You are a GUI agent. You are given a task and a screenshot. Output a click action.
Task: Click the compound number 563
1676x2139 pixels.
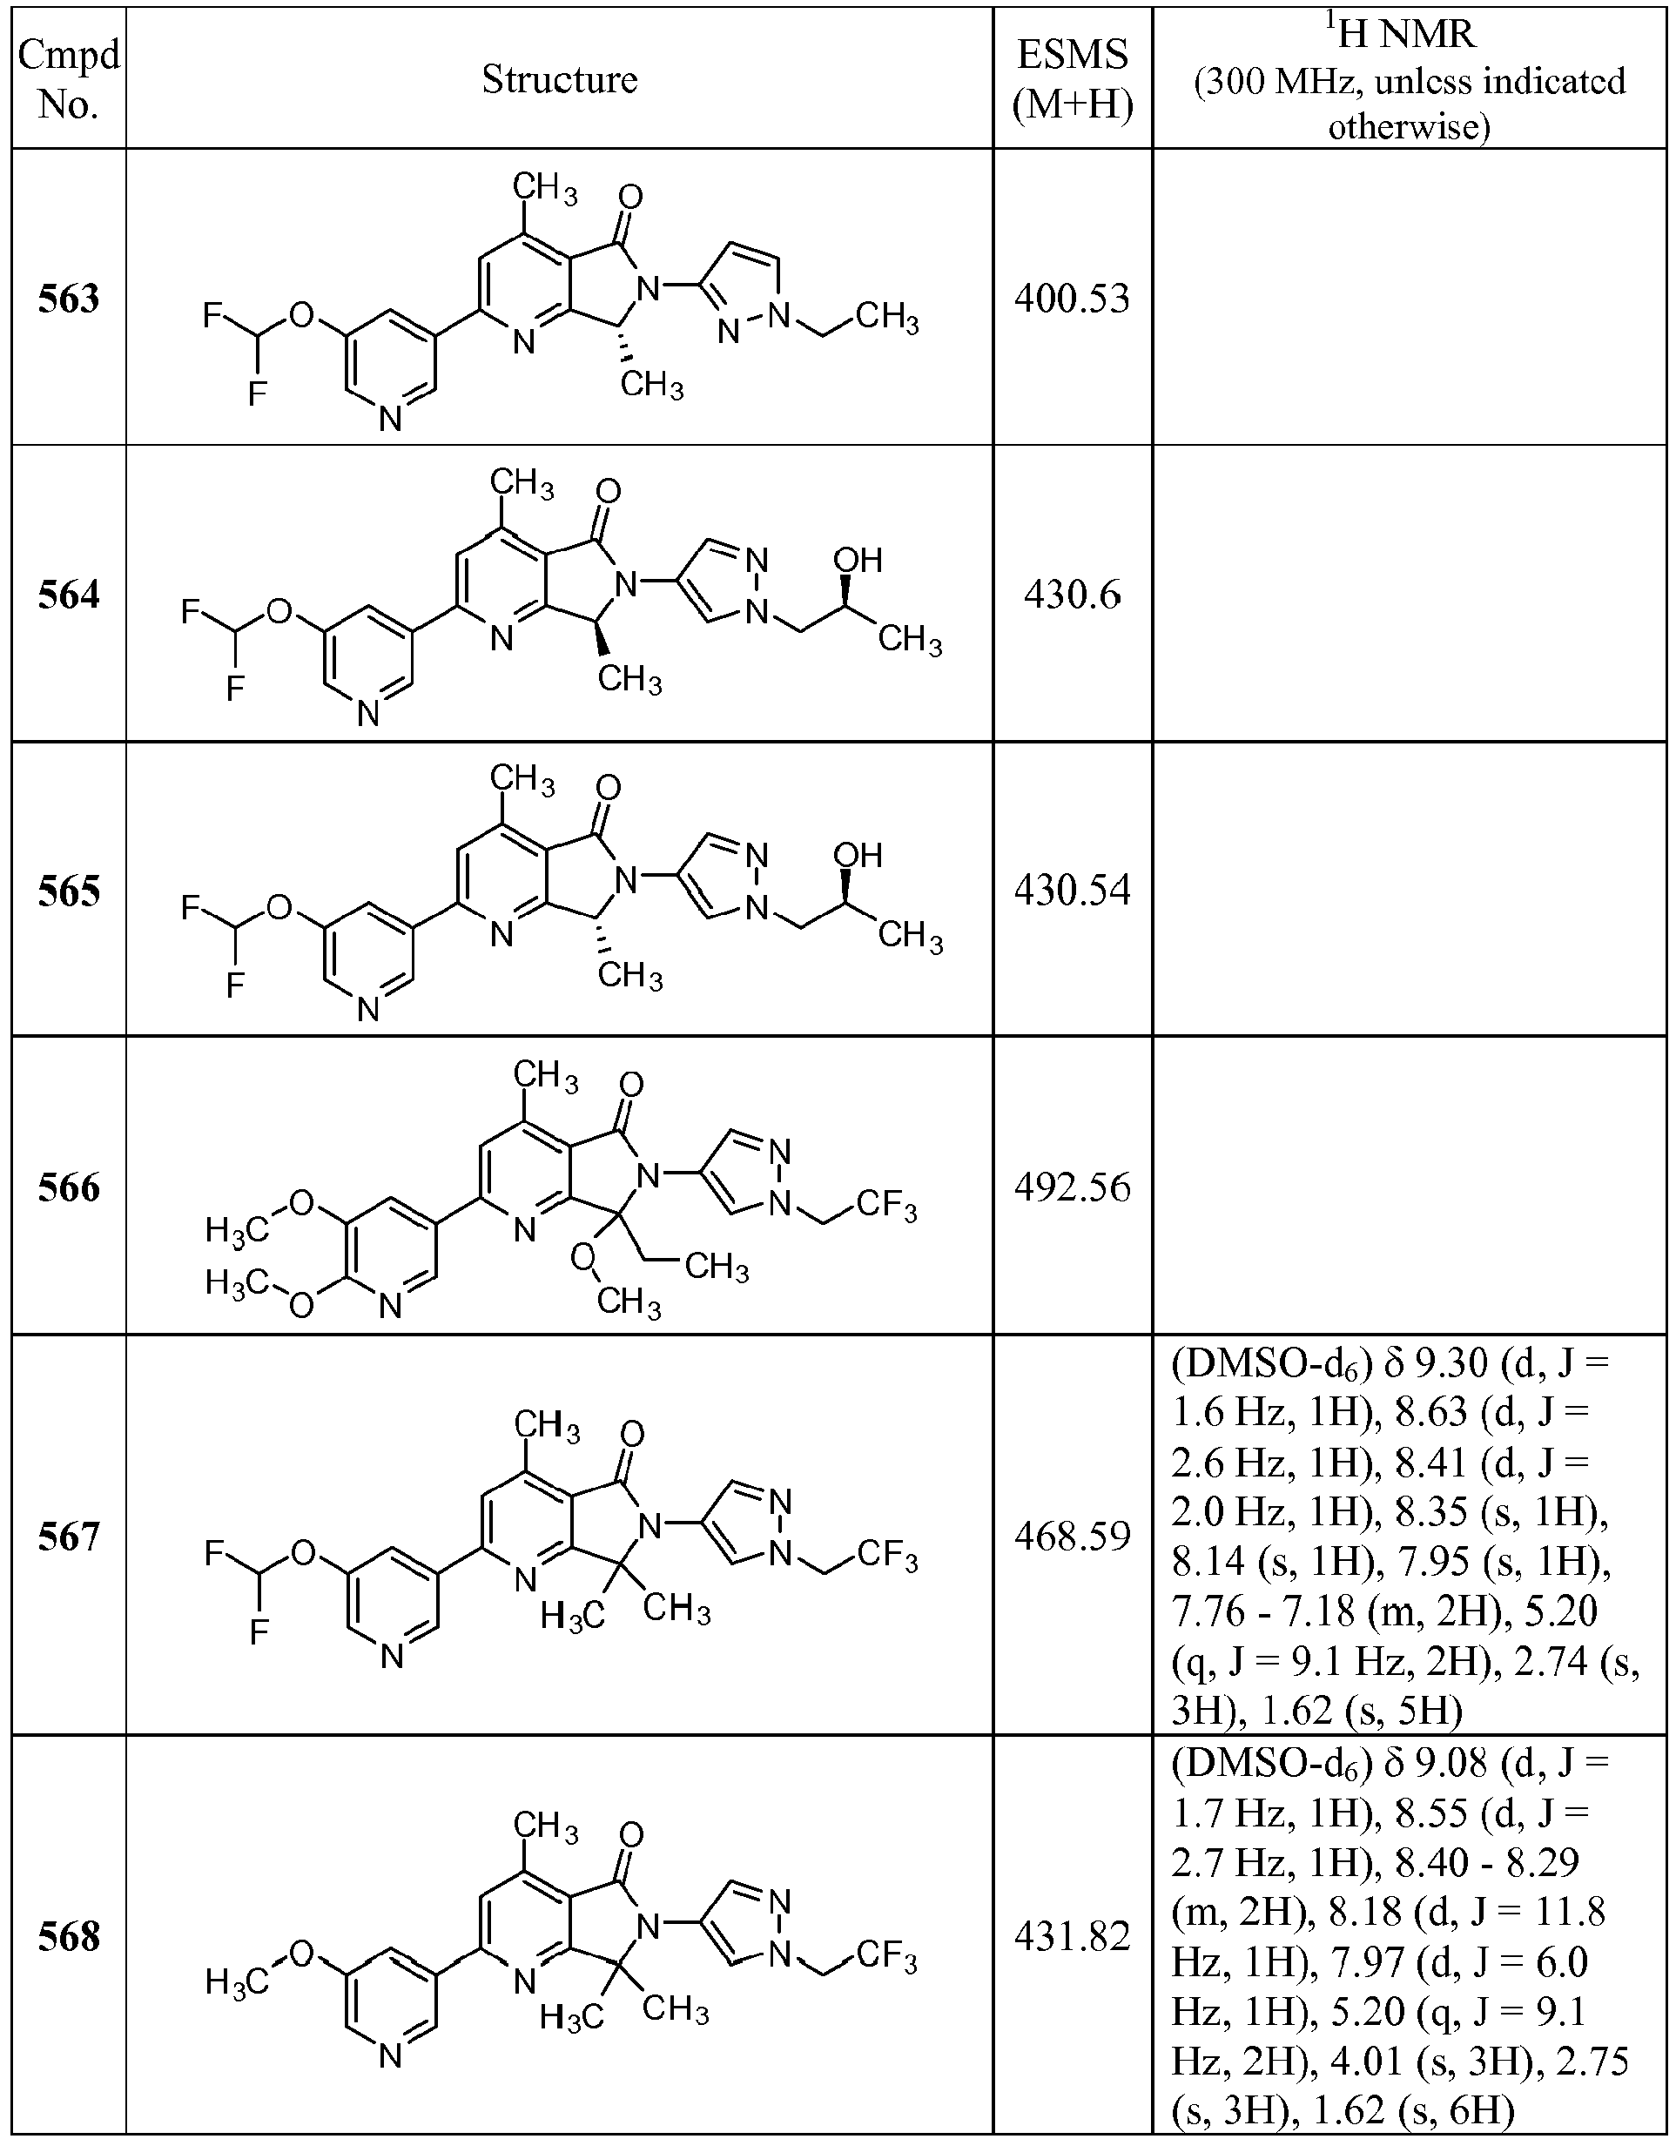[x=69, y=299]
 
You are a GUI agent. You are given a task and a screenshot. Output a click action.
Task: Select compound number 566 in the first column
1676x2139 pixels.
[x=69, y=1187]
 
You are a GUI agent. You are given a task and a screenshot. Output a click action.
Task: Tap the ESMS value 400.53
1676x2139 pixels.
[x=1073, y=299]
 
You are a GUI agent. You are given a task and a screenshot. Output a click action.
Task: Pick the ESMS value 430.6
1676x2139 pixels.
[x=1073, y=595]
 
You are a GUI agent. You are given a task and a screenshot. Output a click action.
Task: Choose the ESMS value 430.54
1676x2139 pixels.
[x=1073, y=890]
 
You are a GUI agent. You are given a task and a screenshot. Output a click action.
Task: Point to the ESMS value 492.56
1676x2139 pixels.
[x=1073, y=1187]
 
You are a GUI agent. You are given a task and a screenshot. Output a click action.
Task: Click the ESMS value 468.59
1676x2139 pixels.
[x=1073, y=1537]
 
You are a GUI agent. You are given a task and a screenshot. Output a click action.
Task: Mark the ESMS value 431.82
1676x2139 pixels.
[x=1073, y=1936]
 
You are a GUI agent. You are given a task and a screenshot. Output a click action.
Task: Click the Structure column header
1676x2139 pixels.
[x=559, y=79]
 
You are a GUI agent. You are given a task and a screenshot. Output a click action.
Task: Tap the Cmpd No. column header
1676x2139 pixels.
[x=69, y=79]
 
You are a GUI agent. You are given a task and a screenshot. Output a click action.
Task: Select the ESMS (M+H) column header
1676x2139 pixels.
[x=1073, y=79]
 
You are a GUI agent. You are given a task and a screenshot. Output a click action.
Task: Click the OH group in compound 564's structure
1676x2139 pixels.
[x=858, y=561]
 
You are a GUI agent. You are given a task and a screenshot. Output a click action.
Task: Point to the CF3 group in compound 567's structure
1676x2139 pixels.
[x=887, y=1555]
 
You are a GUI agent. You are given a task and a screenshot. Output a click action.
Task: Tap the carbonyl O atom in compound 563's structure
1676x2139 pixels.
[x=632, y=198]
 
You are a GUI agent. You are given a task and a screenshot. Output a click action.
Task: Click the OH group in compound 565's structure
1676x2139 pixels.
[x=858, y=856]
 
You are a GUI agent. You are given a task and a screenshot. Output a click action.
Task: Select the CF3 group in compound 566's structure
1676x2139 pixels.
[x=887, y=1205]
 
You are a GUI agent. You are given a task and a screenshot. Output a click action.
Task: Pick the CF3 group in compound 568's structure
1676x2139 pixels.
[x=887, y=1955]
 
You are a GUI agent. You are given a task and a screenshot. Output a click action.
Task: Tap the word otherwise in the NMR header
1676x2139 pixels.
[x=1409, y=126]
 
